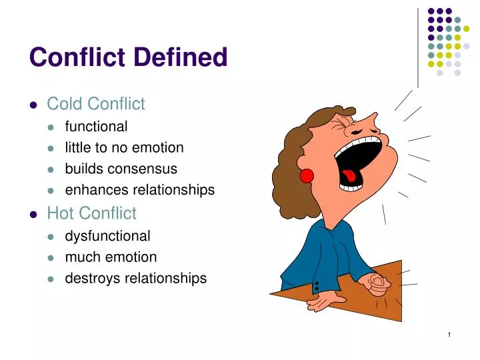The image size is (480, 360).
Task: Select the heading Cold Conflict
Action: (x=95, y=104)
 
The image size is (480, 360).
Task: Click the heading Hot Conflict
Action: (x=91, y=213)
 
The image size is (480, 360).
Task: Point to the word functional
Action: (x=96, y=126)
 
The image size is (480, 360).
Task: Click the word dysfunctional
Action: (x=107, y=235)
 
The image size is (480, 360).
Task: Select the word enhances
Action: (x=97, y=190)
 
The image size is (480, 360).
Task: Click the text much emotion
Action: (x=111, y=257)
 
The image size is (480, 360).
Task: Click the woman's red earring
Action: (x=307, y=175)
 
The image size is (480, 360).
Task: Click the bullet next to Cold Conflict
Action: (x=33, y=105)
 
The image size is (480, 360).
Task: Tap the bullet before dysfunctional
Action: (x=53, y=236)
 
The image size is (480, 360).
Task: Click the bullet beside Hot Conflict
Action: (x=33, y=214)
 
